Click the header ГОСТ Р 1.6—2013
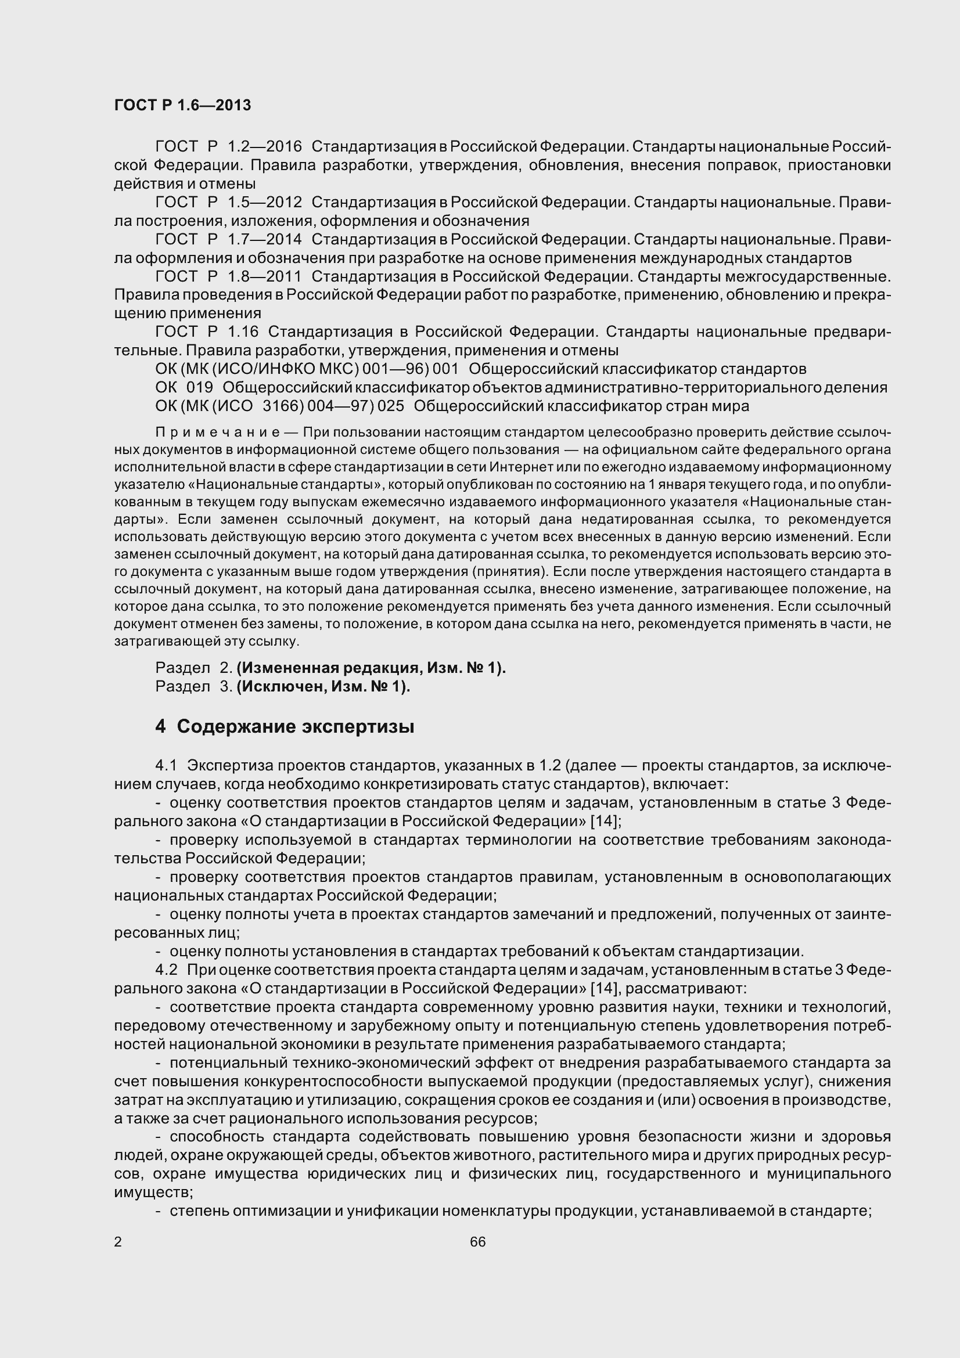[182, 105]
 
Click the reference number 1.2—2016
[264, 146]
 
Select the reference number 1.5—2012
[264, 202]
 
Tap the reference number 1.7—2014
[264, 240]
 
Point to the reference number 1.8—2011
[264, 276]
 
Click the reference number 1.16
[243, 332]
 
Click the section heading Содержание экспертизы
[295, 726]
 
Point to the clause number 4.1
[166, 765]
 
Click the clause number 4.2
[166, 970]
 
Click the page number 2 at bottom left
[118, 1242]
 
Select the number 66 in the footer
[478, 1242]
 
